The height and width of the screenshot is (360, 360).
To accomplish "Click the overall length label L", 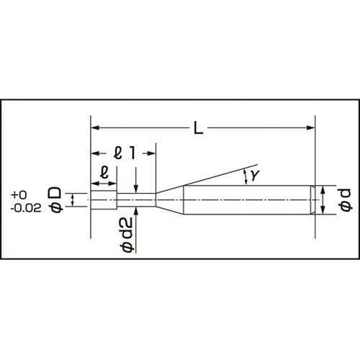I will pyautogui.click(x=199, y=129).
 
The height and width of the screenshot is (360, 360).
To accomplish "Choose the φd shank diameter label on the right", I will pyautogui.click(x=344, y=199).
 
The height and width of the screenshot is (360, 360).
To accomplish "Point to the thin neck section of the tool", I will pyautogui.click(x=137, y=199).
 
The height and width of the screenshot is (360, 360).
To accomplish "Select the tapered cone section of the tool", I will pyautogui.click(x=170, y=199).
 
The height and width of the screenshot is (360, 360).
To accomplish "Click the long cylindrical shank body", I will pyautogui.click(x=245, y=199).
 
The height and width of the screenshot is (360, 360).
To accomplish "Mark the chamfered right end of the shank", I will pyautogui.click(x=313, y=199).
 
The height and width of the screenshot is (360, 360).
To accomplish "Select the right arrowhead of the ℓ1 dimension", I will pyautogui.click(x=152, y=152).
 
